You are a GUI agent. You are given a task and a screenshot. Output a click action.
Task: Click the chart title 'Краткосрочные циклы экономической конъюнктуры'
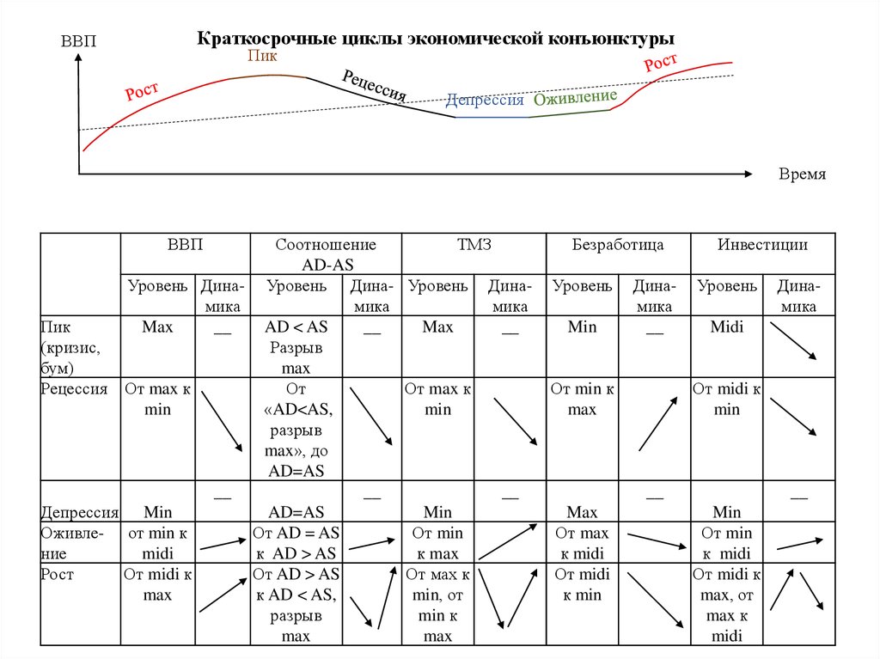[x=436, y=39]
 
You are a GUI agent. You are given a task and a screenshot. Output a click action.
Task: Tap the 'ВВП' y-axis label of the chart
[x=79, y=40]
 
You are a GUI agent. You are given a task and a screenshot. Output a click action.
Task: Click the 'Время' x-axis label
[x=802, y=174]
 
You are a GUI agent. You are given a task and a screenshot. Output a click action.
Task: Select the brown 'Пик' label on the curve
[x=262, y=56]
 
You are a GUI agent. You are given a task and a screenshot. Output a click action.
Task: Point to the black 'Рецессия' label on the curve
[x=374, y=86]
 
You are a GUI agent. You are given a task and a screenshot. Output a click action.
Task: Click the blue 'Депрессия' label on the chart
[x=485, y=100]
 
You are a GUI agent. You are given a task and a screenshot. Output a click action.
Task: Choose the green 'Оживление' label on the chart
[x=575, y=97]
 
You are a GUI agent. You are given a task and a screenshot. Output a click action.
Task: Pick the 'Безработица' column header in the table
[x=618, y=245]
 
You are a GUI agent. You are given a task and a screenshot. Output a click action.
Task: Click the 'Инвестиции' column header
[x=762, y=245]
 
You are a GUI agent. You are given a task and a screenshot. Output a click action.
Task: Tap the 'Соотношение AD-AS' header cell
[x=326, y=254]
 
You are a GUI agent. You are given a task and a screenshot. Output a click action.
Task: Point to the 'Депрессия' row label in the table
[x=79, y=513]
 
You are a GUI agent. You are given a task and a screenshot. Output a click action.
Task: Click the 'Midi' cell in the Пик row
[x=727, y=327]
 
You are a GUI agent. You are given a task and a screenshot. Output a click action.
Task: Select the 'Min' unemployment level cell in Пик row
[x=582, y=327]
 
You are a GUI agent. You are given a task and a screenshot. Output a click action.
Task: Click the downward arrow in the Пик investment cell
[x=791, y=340]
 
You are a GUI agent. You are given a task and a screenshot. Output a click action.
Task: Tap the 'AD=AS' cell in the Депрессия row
[x=296, y=513]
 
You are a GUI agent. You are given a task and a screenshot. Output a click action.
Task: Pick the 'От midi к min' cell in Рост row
[x=582, y=584]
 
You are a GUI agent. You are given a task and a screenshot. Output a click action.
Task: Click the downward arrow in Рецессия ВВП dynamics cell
[x=221, y=421]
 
